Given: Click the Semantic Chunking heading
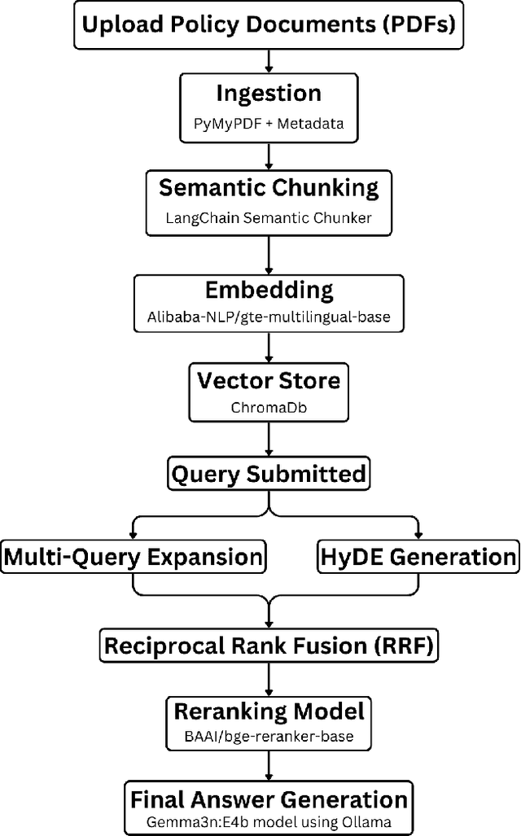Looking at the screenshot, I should click(269, 188).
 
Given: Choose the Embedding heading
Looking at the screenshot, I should click(269, 290).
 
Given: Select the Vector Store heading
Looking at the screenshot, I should click(269, 381).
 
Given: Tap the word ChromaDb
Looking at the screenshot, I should click(269, 406).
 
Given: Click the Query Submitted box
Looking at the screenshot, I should click(269, 473).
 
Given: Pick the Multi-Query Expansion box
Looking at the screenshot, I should click(134, 558).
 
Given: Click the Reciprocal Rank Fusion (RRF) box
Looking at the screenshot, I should click(269, 646).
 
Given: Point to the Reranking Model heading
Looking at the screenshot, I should click(269, 710).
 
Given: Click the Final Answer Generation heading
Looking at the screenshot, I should click(269, 799).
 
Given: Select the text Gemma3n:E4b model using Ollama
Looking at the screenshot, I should click(269, 822).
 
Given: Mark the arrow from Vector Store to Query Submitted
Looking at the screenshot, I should click(269, 440).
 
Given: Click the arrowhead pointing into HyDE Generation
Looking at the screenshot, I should click(418, 533).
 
